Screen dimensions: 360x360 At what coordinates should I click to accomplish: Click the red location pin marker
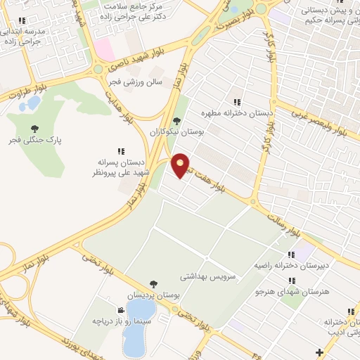pos(181,165)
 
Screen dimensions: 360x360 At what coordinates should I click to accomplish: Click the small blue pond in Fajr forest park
pos(32,104)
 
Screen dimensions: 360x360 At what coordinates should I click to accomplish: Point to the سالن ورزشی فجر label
pos(135,82)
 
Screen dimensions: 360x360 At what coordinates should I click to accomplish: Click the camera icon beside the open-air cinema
pos(122,309)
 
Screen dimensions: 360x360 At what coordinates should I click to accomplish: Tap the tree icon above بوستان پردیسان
pos(153,284)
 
